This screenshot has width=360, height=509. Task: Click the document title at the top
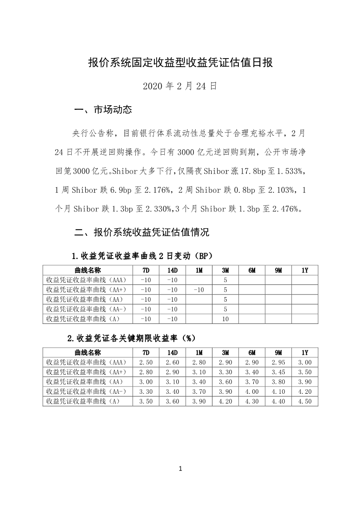(180, 63)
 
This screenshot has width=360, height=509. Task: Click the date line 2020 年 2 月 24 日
(180, 86)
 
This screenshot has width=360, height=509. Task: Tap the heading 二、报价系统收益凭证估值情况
(141, 233)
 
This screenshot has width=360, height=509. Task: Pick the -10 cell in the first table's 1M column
(199, 289)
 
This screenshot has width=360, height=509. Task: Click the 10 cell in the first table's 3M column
(225, 319)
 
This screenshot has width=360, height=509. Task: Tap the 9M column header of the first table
(278, 270)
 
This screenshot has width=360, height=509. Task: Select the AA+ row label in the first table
(86, 289)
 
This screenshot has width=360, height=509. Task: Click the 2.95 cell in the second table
(278, 362)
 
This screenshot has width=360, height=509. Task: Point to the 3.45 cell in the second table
(278, 372)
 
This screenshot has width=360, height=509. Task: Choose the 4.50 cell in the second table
(305, 401)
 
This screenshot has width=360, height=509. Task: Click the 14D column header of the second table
(173, 352)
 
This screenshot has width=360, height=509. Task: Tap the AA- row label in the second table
(86, 392)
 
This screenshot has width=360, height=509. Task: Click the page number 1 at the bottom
(180, 469)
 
